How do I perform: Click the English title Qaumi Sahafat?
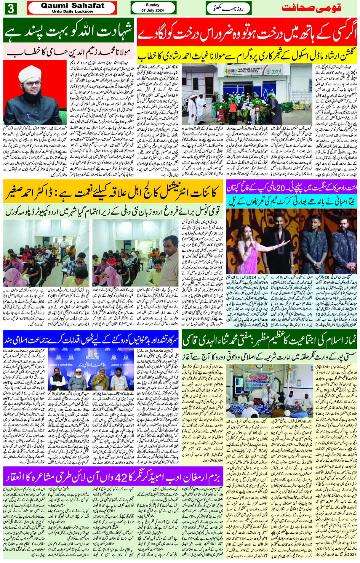click(72, 6)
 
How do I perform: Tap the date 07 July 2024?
click(152, 11)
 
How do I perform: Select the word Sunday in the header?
click(152, 5)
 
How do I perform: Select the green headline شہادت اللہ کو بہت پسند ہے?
click(69, 32)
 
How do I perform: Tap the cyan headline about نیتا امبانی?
click(291, 201)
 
